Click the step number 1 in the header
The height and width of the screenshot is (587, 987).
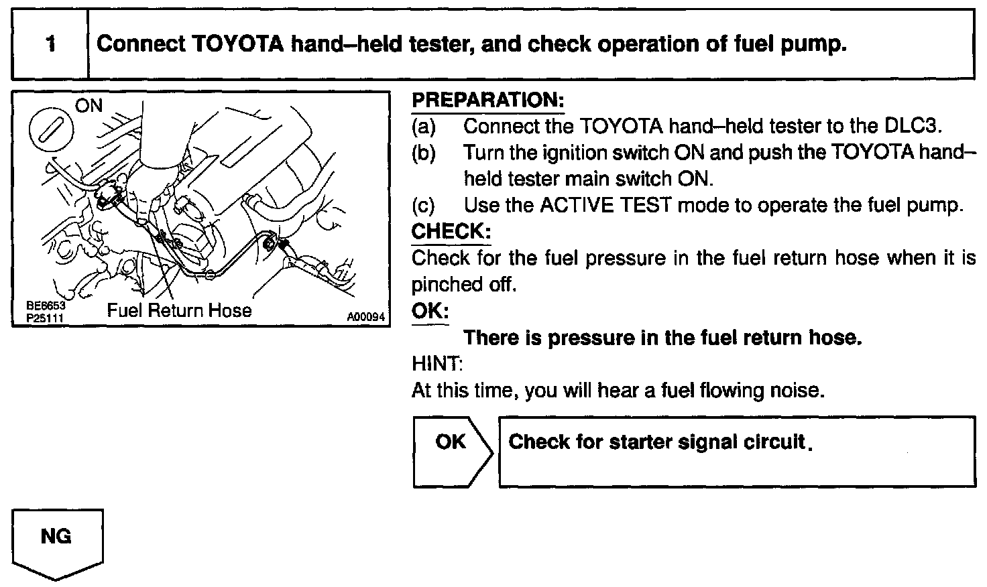pyautogui.click(x=50, y=44)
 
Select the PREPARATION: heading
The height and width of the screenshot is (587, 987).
pyautogui.click(x=487, y=101)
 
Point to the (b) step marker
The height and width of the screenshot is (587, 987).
pyautogui.click(x=424, y=153)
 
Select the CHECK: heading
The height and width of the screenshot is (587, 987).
pyautogui.click(x=451, y=232)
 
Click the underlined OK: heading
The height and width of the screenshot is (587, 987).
pyautogui.click(x=430, y=311)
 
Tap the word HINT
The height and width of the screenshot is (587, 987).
pyautogui.click(x=436, y=364)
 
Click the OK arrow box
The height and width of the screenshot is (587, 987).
pyautogui.click(x=452, y=451)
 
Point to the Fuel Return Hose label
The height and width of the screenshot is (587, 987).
pyautogui.click(x=179, y=310)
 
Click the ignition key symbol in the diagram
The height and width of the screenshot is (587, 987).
pyautogui.click(x=50, y=129)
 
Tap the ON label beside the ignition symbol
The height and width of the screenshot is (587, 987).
pyautogui.click(x=89, y=106)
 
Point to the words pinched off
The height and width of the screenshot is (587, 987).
pyautogui.click(x=463, y=285)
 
